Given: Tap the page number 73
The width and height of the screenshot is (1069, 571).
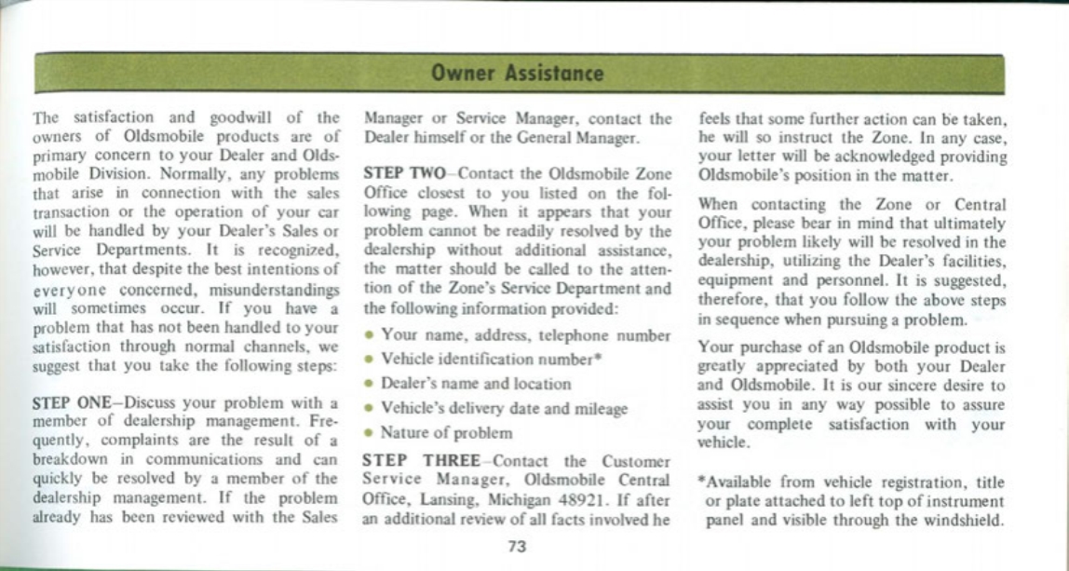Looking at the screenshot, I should [x=518, y=546].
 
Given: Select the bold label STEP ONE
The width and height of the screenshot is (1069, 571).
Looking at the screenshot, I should [x=72, y=403].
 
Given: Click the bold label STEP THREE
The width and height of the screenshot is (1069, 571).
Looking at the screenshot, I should [x=424, y=460].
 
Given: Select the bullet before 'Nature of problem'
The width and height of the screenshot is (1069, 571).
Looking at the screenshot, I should [x=369, y=433].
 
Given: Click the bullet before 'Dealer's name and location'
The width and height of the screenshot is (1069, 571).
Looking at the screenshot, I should [x=369, y=384].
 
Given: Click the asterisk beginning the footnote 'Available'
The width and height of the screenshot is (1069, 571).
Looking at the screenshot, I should [x=701, y=483].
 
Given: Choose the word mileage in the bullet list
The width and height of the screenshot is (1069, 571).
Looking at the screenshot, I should [x=596, y=409].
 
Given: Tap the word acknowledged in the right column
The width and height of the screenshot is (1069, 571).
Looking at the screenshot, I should [x=873, y=156].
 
